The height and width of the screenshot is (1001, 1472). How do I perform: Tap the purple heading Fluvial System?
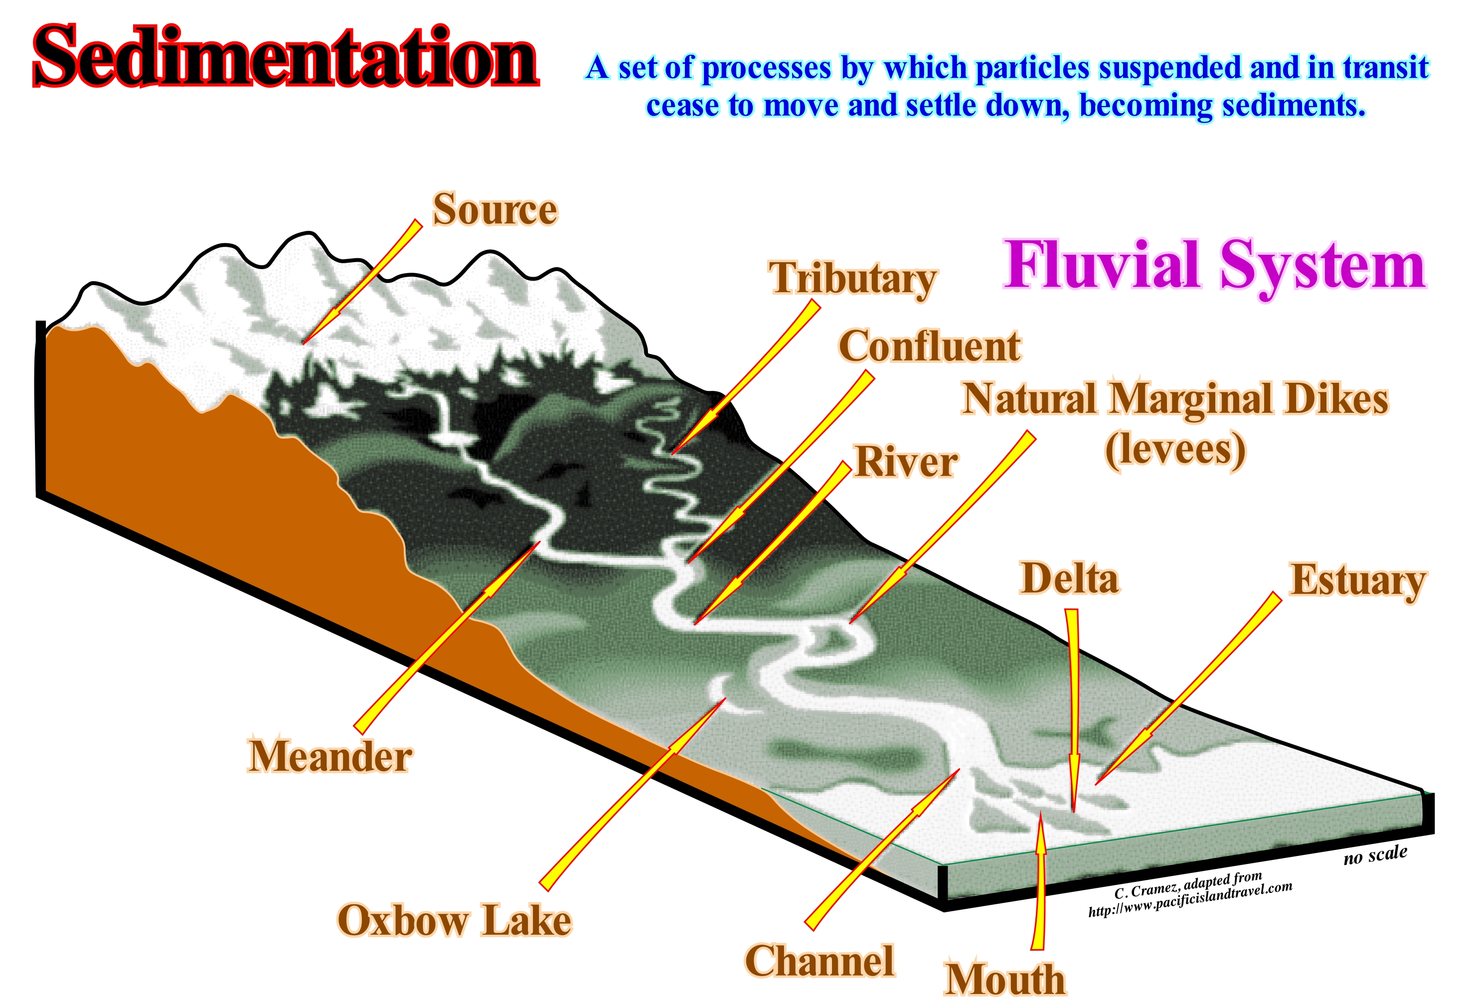[x=1214, y=265]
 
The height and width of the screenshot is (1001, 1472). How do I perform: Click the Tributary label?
[x=852, y=279]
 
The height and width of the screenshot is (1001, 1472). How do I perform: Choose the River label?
[x=906, y=461]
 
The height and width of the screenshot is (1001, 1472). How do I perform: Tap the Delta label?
[x=1069, y=578]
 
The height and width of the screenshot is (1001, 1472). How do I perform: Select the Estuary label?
[x=1358, y=581]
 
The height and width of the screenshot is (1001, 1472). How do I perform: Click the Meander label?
[x=330, y=756]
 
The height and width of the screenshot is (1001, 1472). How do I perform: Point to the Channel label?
[x=819, y=961]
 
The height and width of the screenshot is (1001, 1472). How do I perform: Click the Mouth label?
[x=1004, y=979]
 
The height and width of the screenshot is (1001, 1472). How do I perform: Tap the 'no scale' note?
[x=1375, y=855]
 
